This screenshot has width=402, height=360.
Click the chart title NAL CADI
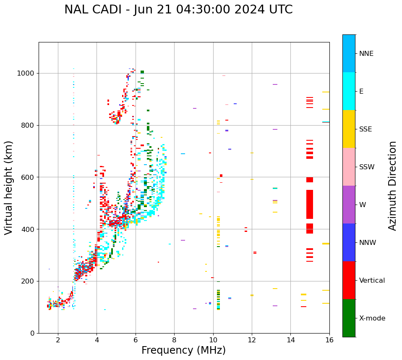(x=178, y=10)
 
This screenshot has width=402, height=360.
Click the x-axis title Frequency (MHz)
(x=183, y=350)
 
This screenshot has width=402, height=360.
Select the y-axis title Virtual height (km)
(x=9, y=187)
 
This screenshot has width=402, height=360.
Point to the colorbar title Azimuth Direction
(x=392, y=186)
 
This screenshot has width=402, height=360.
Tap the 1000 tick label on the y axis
(x=26, y=74)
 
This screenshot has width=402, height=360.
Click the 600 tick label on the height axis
(x=28, y=177)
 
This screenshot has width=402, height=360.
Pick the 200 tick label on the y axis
(x=28, y=281)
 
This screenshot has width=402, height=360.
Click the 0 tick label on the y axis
(x=32, y=333)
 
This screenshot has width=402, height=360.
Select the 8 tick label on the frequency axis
(x=174, y=340)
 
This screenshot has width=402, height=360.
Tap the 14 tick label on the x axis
(x=290, y=340)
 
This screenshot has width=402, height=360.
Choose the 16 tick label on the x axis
(x=329, y=340)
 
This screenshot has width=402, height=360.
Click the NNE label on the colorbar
(x=366, y=54)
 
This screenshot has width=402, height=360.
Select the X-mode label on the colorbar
(x=372, y=318)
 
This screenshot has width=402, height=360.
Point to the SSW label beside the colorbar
(x=367, y=167)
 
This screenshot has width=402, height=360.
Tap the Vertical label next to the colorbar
(x=372, y=281)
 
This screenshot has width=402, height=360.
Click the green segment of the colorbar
(x=349, y=318)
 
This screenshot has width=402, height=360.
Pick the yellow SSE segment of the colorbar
(x=349, y=129)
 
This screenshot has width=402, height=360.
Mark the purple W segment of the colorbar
(x=349, y=205)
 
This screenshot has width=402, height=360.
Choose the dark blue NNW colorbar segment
(x=349, y=242)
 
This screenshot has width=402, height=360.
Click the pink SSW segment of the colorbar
(x=349, y=167)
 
